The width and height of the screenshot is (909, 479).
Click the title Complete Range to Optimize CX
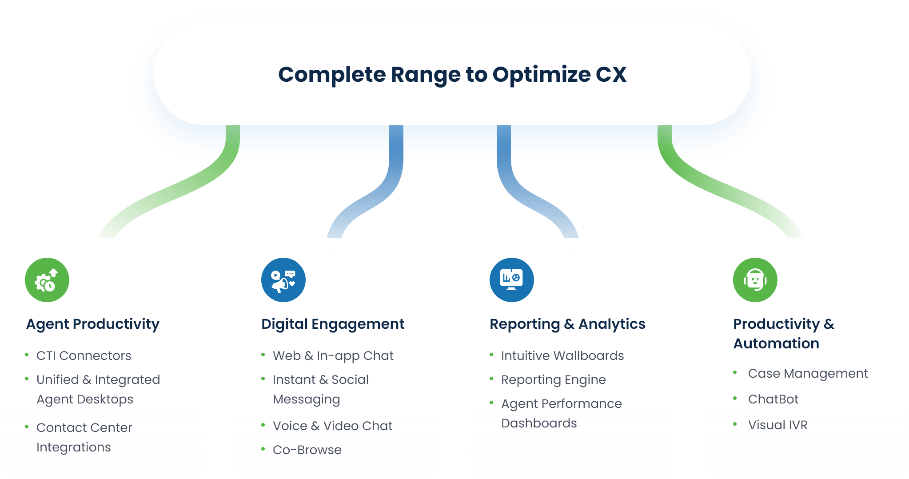(x=452, y=74)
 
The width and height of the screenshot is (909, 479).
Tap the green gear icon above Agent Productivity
(x=47, y=280)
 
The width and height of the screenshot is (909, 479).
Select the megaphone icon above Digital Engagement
(x=283, y=280)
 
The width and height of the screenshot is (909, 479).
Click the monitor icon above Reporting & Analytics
(x=511, y=280)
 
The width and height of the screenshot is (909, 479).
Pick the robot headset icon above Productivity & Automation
(x=755, y=280)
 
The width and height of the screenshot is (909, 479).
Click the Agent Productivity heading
(x=92, y=324)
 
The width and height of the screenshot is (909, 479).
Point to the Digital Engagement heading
(x=332, y=324)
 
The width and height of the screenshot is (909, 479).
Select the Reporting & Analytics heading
(x=567, y=324)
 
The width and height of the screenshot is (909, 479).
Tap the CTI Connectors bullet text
(x=84, y=356)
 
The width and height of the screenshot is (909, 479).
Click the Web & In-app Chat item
(x=333, y=356)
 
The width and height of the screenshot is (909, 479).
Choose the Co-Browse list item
(x=307, y=450)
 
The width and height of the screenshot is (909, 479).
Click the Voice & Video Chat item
(x=332, y=426)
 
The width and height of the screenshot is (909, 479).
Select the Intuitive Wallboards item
(x=562, y=356)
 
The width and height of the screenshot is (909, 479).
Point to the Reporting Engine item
(x=553, y=380)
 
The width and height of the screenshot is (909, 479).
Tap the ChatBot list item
(x=773, y=399)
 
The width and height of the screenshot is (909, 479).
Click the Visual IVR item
(x=777, y=425)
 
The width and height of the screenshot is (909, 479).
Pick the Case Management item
(x=808, y=374)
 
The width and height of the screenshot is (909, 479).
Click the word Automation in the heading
(x=776, y=343)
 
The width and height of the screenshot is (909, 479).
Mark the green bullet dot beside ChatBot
(x=735, y=399)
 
